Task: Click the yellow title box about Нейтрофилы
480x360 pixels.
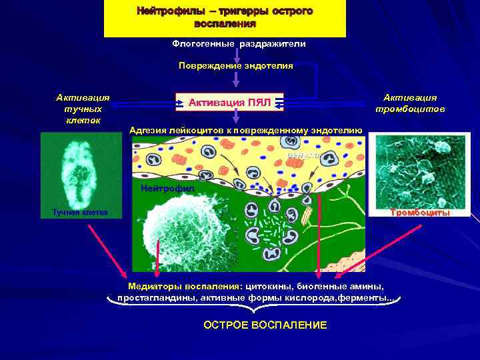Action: [225, 18]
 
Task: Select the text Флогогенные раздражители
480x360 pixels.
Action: [239, 44]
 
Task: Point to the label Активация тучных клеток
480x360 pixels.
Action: [83, 109]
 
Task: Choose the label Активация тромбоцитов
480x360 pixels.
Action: [410, 103]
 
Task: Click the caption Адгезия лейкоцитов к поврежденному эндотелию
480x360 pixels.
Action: [246, 130]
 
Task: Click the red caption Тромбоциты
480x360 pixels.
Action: [420, 213]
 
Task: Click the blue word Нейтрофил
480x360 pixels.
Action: [167, 188]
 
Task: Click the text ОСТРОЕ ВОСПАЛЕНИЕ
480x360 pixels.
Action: [265, 325]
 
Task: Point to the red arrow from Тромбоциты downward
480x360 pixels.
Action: [380, 251]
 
